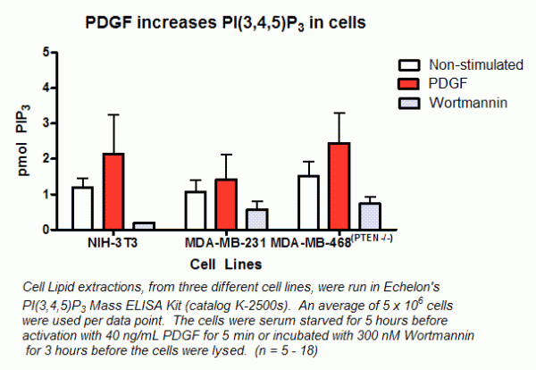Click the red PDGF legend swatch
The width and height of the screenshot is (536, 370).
(409, 84)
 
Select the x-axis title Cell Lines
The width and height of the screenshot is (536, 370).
(225, 265)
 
